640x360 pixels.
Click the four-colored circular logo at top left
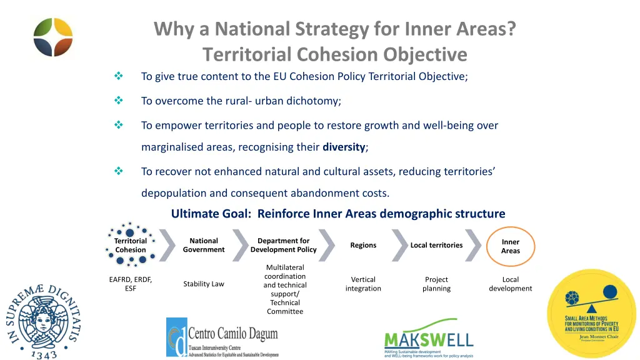point(53,37)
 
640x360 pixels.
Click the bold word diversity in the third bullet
point(343,147)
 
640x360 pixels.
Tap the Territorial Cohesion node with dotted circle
point(131,245)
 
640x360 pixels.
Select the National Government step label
point(204,245)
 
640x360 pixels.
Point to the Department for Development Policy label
point(283,245)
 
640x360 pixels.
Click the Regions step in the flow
point(363,245)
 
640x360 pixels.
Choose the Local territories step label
point(436,245)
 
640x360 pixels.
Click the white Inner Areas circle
point(510,246)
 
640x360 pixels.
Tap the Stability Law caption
point(204,284)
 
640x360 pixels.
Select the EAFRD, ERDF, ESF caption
point(131,284)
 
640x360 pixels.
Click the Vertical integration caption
point(363,284)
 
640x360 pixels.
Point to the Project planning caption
point(436,284)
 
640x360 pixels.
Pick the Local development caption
point(510,284)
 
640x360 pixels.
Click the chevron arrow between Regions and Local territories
point(399,245)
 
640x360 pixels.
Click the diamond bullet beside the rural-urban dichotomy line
point(119,101)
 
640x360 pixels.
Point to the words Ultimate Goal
point(211,214)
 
